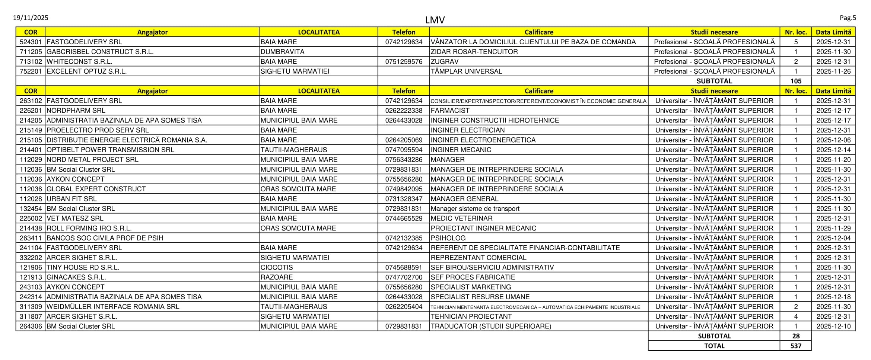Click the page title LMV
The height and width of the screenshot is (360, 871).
click(x=435, y=20)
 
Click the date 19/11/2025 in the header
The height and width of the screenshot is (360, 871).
click(x=31, y=18)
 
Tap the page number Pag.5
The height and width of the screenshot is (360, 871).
click(x=848, y=18)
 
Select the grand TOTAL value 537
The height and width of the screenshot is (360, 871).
click(x=795, y=346)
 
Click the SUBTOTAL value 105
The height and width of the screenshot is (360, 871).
click(x=795, y=81)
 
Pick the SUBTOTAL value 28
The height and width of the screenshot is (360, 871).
click(x=795, y=336)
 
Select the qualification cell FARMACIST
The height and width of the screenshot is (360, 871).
click(x=450, y=111)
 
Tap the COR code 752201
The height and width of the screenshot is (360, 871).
click(x=31, y=71)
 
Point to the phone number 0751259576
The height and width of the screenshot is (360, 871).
click(x=404, y=62)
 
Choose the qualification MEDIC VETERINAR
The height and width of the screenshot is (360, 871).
click(x=461, y=219)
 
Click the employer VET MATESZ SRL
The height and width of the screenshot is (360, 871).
click(x=75, y=219)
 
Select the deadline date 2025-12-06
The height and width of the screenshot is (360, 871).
click(x=833, y=140)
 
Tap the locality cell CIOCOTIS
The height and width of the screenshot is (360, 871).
click(x=277, y=267)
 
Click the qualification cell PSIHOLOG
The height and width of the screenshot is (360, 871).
click(x=448, y=238)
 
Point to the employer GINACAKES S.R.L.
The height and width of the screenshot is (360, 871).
click(x=76, y=277)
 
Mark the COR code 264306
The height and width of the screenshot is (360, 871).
click(x=31, y=326)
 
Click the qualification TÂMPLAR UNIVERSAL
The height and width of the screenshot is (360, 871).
click(x=466, y=71)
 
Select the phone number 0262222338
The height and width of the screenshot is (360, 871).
click(x=404, y=111)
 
